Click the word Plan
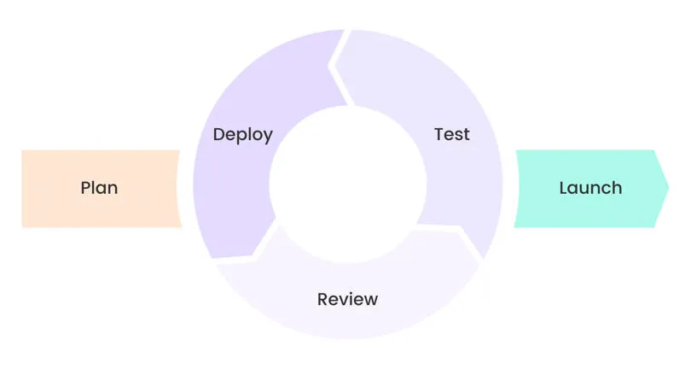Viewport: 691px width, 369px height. coord(99,188)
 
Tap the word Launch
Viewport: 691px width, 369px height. coord(590,188)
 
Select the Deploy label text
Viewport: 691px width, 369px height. coord(243,135)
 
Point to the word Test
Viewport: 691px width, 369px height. coord(452,135)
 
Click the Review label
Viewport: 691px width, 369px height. coord(347,300)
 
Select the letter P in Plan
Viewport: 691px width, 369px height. coord(86,188)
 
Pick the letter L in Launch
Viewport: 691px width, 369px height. coord(564,188)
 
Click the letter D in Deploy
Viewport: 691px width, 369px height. coord(219,135)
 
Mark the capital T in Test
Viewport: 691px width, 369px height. coord(439,135)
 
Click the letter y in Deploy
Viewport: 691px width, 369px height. coord(268,137)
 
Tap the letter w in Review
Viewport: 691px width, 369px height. coord(370,301)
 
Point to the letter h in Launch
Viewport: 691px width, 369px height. coord(617,188)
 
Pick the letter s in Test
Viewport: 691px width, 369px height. coord(458,136)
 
